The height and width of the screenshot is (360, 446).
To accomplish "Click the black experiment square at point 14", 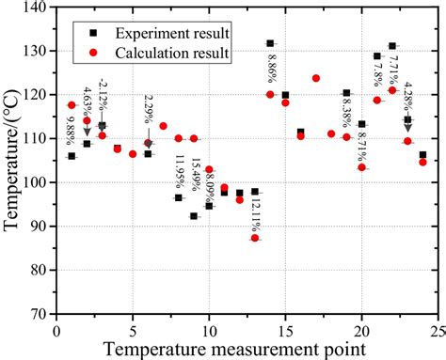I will point(270,43).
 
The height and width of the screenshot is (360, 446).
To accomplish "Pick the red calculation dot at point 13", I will point(255,238).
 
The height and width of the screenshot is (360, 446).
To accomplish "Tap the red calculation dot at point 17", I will point(315,78).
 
